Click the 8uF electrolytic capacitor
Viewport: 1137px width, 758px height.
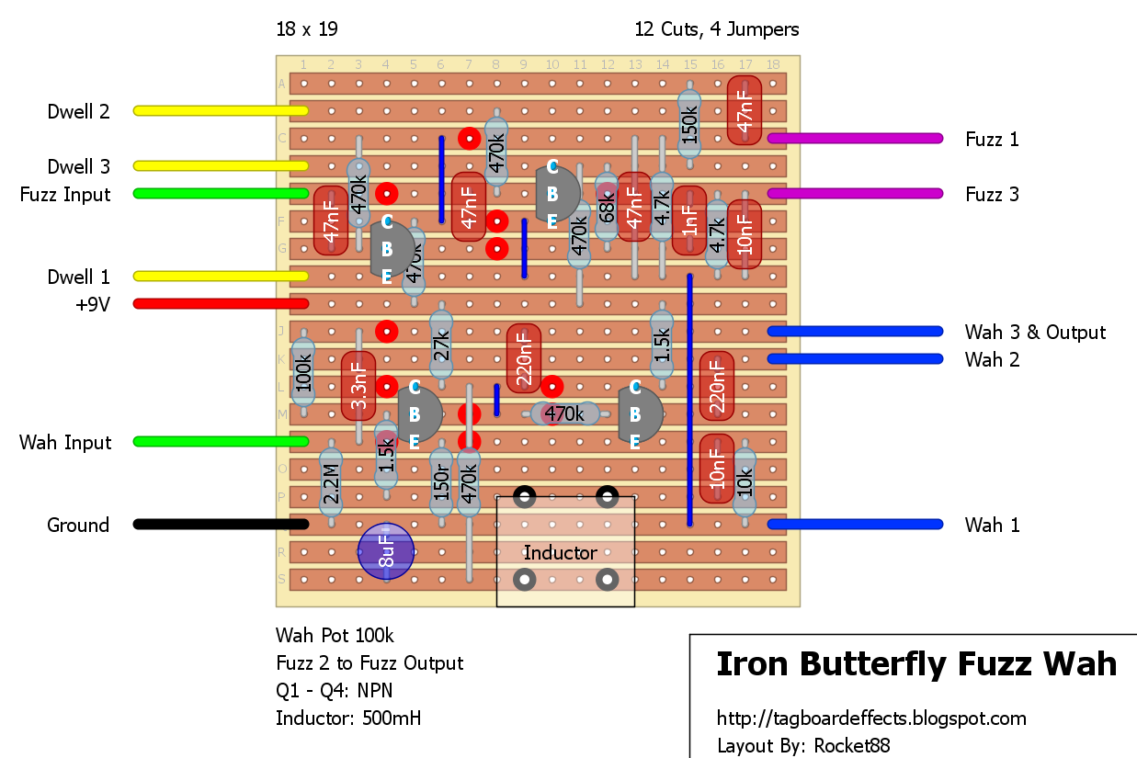pyautogui.click(x=386, y=551)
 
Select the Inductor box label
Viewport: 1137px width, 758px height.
pyautogui.click(x=560, y=552)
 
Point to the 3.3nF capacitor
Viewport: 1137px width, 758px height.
pyautogui.click(x=358, y=386)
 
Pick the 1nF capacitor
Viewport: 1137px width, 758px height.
pyautogui.click(x=689, y=221)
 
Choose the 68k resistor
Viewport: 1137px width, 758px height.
pyautogui.click(x=607, y=209)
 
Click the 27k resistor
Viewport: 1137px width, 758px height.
pyautogui.click(x=441, y=345)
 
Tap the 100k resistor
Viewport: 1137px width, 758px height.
pyautogui.click(x=302, y=372)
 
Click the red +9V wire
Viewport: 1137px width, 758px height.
pyautogui.click(x=221, y=303)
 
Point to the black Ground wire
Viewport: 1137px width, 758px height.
pyautogui.click(x=221, y=525)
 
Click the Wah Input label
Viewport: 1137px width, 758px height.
pyautogui.click(x=65, y=442)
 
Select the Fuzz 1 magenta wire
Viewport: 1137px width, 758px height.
pyautogui.click(x=855, y=139)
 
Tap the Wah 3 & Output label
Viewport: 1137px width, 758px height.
pyautogui.click(x=1035, y=332)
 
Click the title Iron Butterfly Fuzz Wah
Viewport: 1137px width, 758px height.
pyautogui.click(x=915, y=663)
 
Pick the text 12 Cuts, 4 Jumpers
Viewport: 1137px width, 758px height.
pyautogui.click(x=716, y=29)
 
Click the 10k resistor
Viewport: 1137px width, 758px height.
pyautogui.click(x=745, y=482)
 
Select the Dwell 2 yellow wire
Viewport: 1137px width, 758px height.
pyautogui.click(x=221, y=110)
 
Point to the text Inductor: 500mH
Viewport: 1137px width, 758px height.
pyautogui.click(x=348, y=718)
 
